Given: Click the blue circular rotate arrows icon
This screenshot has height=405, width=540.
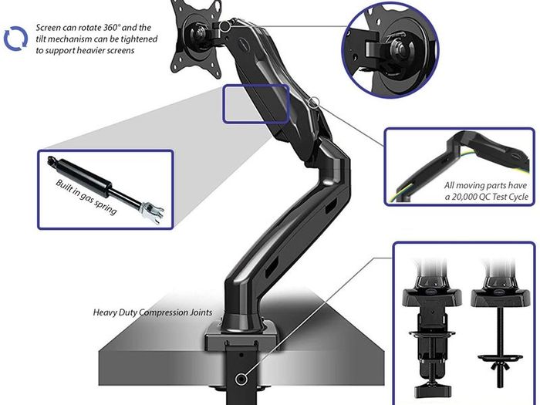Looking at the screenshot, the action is coord(16,39).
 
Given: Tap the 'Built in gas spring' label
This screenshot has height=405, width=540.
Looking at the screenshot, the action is coord(86,197).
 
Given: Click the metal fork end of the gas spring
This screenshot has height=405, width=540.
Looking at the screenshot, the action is coord(152,211).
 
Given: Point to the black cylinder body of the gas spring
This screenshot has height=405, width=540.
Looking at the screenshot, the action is coord(82,177).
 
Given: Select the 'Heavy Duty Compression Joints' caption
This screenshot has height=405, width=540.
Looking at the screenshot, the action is coord(153,312).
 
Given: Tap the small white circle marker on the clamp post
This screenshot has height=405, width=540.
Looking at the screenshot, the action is coord(241,379).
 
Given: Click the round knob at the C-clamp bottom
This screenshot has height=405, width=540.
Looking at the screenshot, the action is coord(433,390).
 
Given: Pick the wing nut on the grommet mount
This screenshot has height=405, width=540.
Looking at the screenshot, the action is coord(501,366).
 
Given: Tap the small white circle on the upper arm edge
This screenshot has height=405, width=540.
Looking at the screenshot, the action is coord(314,102).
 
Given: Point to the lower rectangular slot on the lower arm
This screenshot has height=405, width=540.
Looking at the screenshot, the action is coord(272,266).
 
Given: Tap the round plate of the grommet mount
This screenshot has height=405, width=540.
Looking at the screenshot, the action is coord(500,358).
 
